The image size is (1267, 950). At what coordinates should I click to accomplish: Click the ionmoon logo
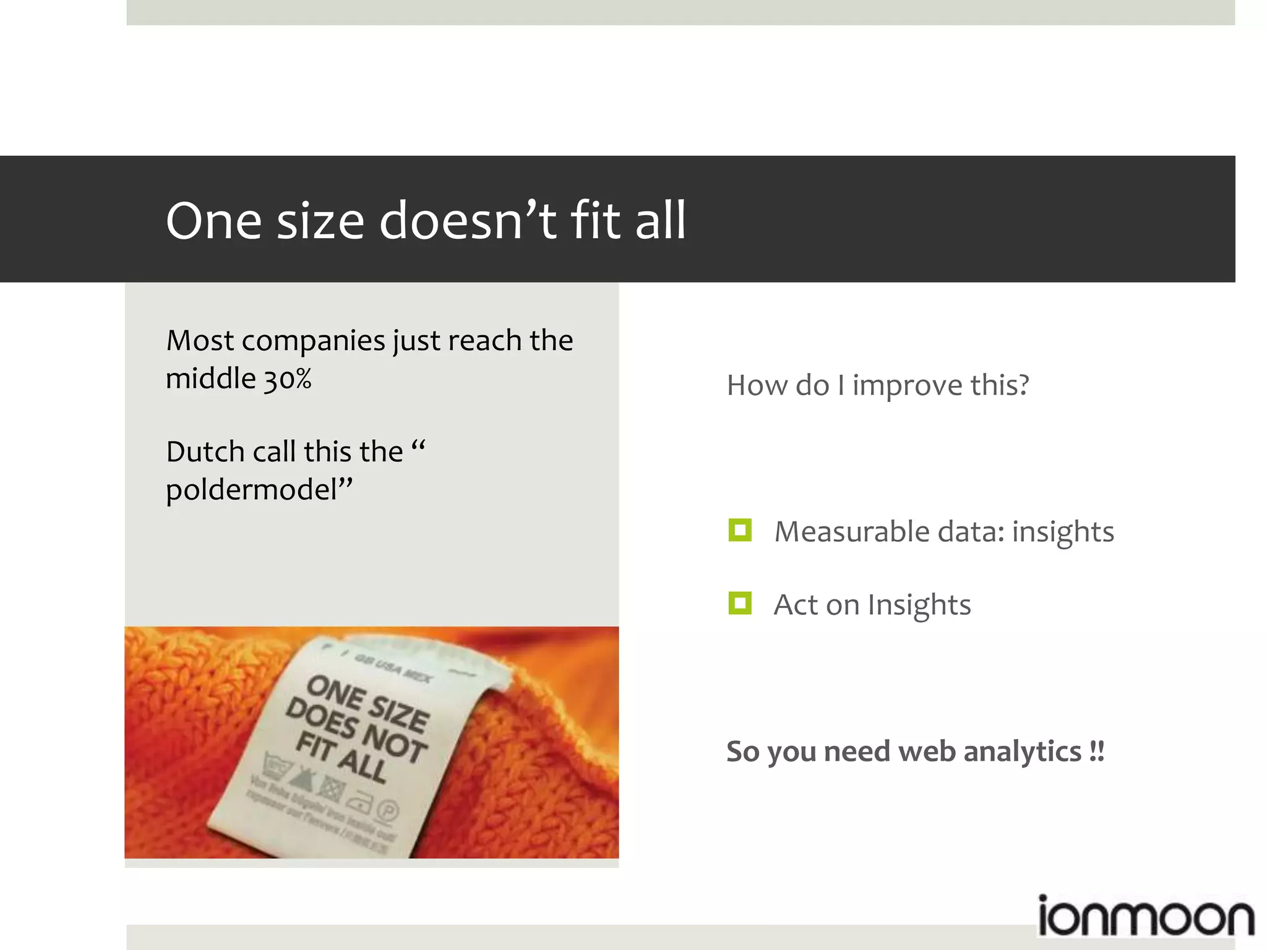pyautogui.click(x=1145, y=917)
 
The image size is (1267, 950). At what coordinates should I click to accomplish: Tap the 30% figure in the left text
pyautogui.click(x=288, y=379)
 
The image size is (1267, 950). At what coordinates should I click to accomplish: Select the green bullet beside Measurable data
pyautogui.click(x=740, y=531)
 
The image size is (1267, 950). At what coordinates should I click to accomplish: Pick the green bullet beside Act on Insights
pyautogui.click(x=740, y=604)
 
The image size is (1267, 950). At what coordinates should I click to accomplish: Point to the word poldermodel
pyautogui.click(x=252, y=490)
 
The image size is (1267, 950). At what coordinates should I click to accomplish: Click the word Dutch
pyautogui.click(x=205, y=451)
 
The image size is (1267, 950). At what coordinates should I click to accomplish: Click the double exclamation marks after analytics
pyautogui.click(x=1097, y=751)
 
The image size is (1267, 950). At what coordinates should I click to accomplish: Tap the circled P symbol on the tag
pyautogui.click(x=389, y=811)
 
